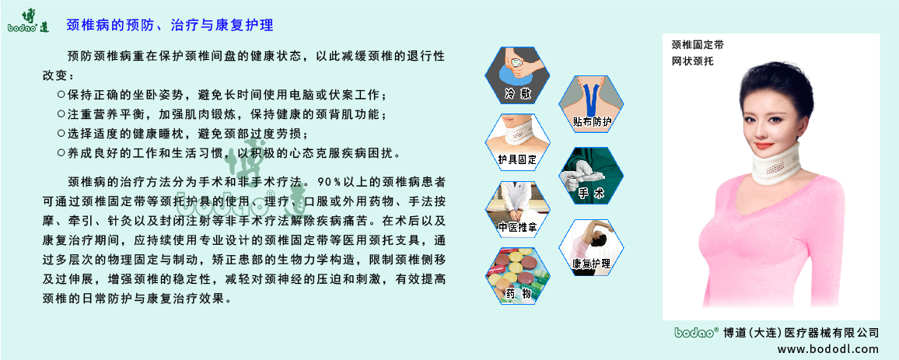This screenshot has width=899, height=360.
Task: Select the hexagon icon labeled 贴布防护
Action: [593, 103]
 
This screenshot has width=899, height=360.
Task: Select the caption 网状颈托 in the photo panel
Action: [692, 60]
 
